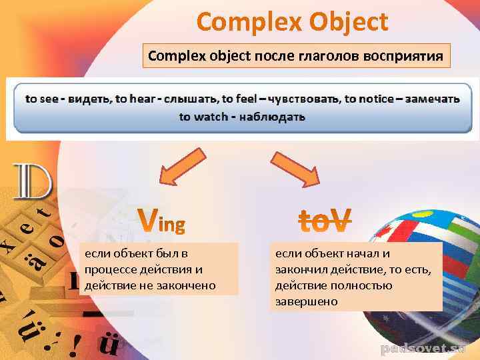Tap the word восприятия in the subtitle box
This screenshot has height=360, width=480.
(x=403, y=56)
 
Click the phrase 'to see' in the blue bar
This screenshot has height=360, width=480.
(x=41, y=99)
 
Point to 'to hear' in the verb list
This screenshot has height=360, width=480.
(x=133, y=99)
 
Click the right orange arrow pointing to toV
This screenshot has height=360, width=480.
(x=295, y=169)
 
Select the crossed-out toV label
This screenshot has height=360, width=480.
(x=323, y=220)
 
